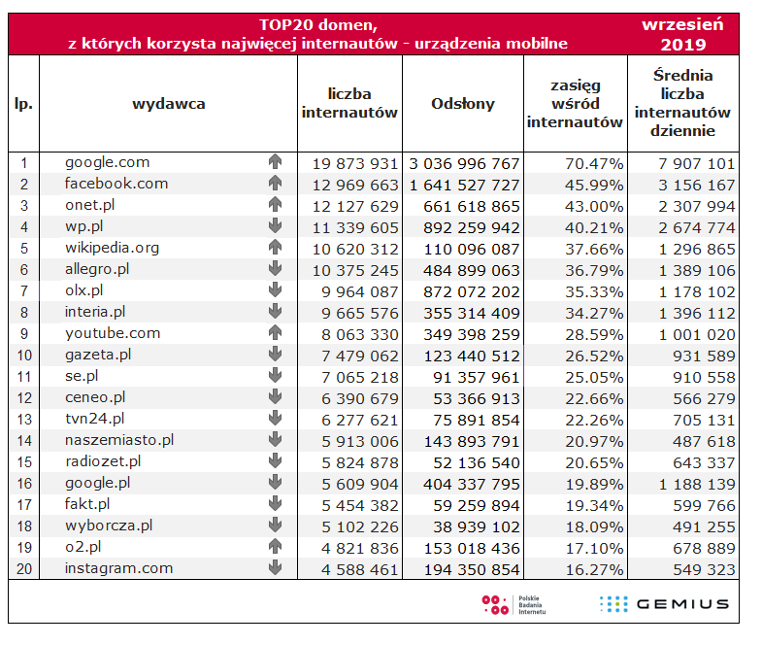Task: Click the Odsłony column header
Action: [x=463, y=104]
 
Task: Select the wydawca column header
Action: [x=169, y=104]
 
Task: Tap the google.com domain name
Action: [x=108, y=162]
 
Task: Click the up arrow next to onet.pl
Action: [x=275, y=205]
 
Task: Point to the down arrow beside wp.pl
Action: [x=275, y=226]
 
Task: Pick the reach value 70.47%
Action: [x=594, y=164]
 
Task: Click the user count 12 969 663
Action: [x=355, y=186]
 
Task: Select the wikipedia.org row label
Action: [x=113, y=248]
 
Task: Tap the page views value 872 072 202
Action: [x=472, y=291]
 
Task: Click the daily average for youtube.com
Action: [x=697, y=335]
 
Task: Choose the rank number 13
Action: [x=24, y=420]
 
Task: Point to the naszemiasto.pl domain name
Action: [x=119, y=440]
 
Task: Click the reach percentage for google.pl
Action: [x=594, y=485]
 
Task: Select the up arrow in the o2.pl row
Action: [x=275, y=547]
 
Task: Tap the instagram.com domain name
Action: [x=119, y=568]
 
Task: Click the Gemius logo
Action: [x=664, y=604]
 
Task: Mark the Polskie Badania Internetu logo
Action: [x=514, y=605]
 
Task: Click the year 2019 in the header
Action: [x=682, y=45]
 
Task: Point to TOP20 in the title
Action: [x=280, y=25]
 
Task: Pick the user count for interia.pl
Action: [x=359, y=313]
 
